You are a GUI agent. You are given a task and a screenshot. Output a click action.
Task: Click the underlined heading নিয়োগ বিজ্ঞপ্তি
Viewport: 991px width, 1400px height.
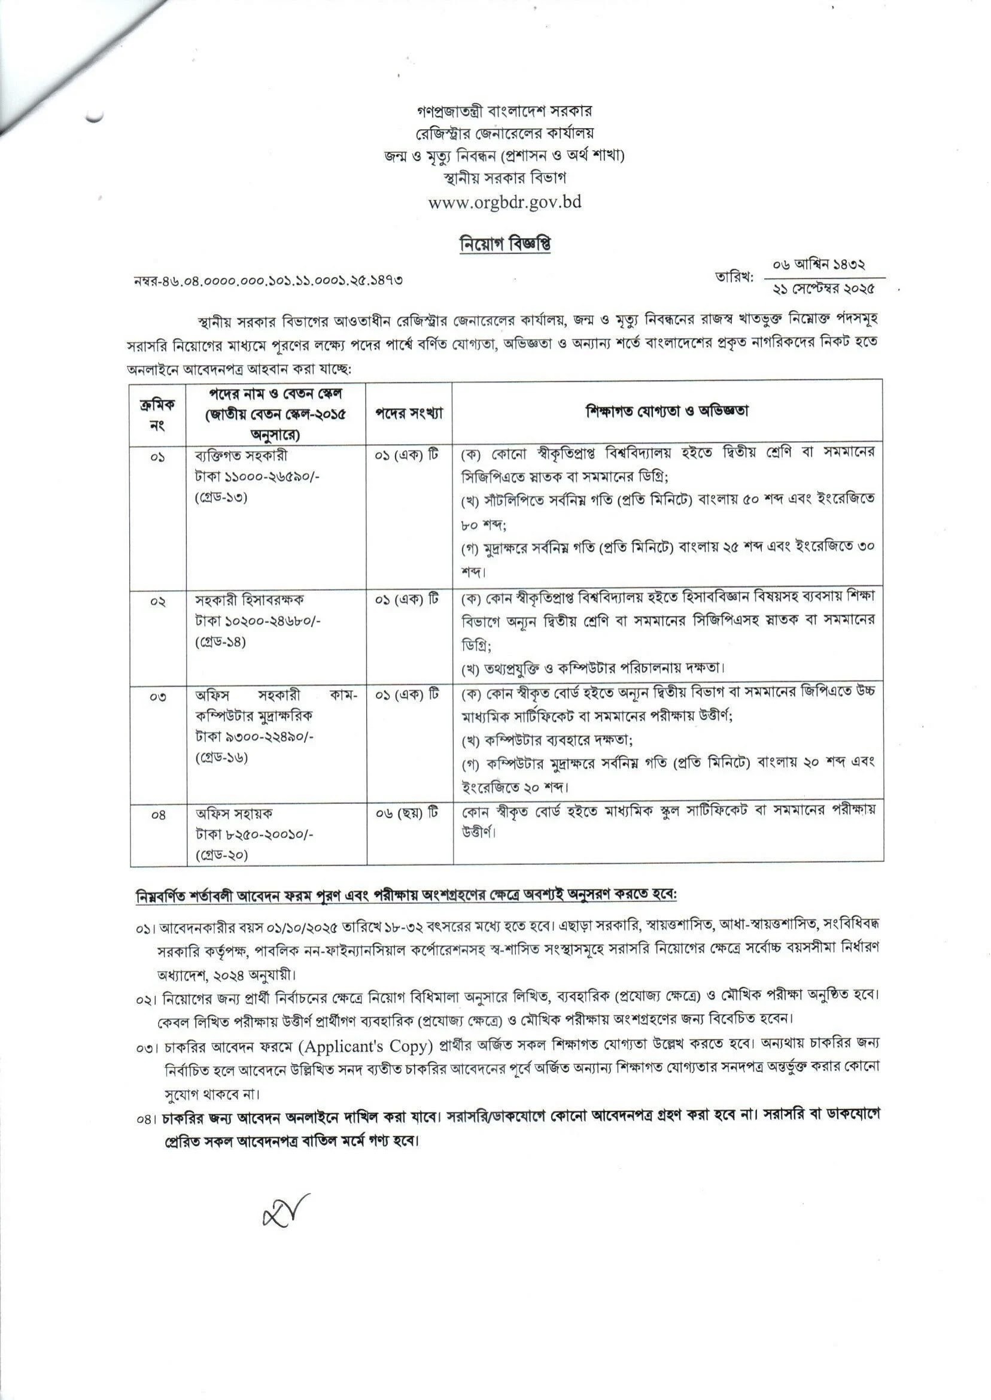(504, 244)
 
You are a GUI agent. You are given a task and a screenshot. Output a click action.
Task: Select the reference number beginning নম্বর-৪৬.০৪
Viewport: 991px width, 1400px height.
(268, 281)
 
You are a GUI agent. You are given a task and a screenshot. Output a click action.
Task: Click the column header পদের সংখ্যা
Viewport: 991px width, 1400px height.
(409, 412)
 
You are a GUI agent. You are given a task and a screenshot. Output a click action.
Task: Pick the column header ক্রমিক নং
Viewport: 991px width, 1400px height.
(157, 414)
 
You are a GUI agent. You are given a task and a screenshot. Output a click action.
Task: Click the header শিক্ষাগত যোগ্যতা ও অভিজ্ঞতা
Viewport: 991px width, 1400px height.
(667, 411)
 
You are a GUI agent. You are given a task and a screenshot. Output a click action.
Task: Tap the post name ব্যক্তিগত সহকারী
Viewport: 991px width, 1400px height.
(241, 455)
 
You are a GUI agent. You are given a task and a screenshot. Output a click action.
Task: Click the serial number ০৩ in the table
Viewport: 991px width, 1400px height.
(157, 696)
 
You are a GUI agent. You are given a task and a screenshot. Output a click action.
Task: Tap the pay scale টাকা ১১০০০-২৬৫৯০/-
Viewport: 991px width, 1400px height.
(257, 476)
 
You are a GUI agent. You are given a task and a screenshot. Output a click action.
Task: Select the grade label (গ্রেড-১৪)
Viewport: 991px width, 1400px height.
(221, 642)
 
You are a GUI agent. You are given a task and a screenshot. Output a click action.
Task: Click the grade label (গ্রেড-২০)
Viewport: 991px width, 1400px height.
(222, 855)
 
